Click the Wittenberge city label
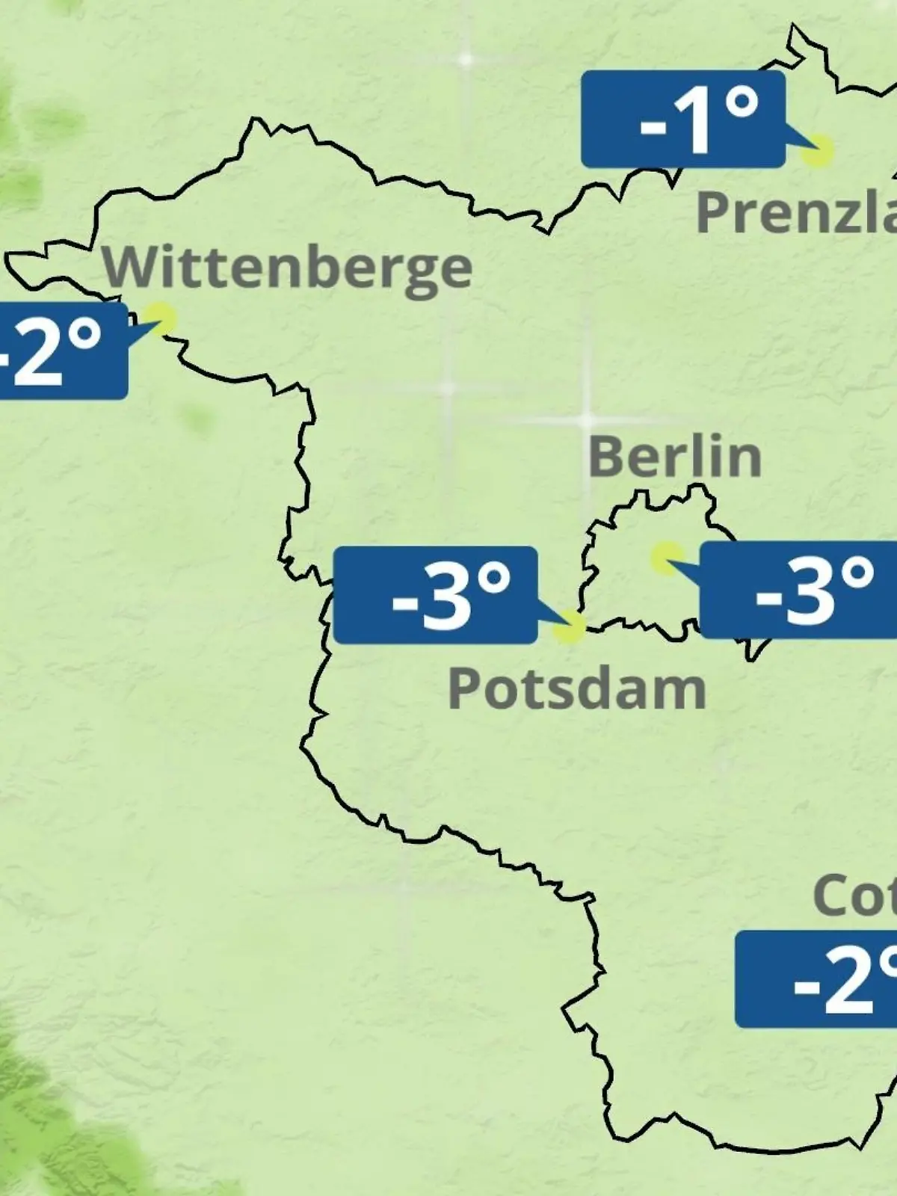pyautogui.click(x=288, y=268)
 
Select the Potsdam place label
pyautogui.click(x=576, y=689)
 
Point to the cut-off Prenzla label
pyautogui.click(x=796, y=213)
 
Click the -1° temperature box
pyautogui.click(x=682, y=120)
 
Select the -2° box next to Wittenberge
pyautogui.click(x=60, y=350)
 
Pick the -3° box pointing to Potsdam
pyautogui.click(x=435, y=595)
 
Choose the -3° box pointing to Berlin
pyautogui.click(x=798, y=591)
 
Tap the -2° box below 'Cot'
pyautogui.click(x=816, y=979)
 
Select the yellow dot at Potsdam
pyautogui.click(x=569, y=626)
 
